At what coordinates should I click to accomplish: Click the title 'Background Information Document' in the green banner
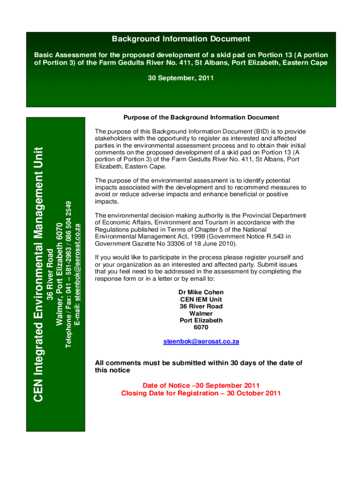[x=180, y=39]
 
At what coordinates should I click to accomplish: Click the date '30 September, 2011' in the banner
[x=180, y=78]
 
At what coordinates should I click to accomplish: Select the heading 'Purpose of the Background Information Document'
[x=201, y=117]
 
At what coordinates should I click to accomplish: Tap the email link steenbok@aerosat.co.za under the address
[x=201, y=341]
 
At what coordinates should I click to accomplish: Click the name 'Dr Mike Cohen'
[x=201, y=292]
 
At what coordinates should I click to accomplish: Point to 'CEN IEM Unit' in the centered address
[x=201, y=299]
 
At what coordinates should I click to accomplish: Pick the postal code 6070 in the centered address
[x=201, y=327]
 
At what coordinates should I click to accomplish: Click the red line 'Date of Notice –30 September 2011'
[x=201, y=385]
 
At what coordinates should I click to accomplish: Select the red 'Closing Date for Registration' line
[x=201, y=393]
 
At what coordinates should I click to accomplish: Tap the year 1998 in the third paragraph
[x=185, y=237]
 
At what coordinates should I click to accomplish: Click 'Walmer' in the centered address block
[x=201, y=313]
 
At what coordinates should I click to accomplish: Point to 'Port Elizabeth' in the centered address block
[x=201, y=320]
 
